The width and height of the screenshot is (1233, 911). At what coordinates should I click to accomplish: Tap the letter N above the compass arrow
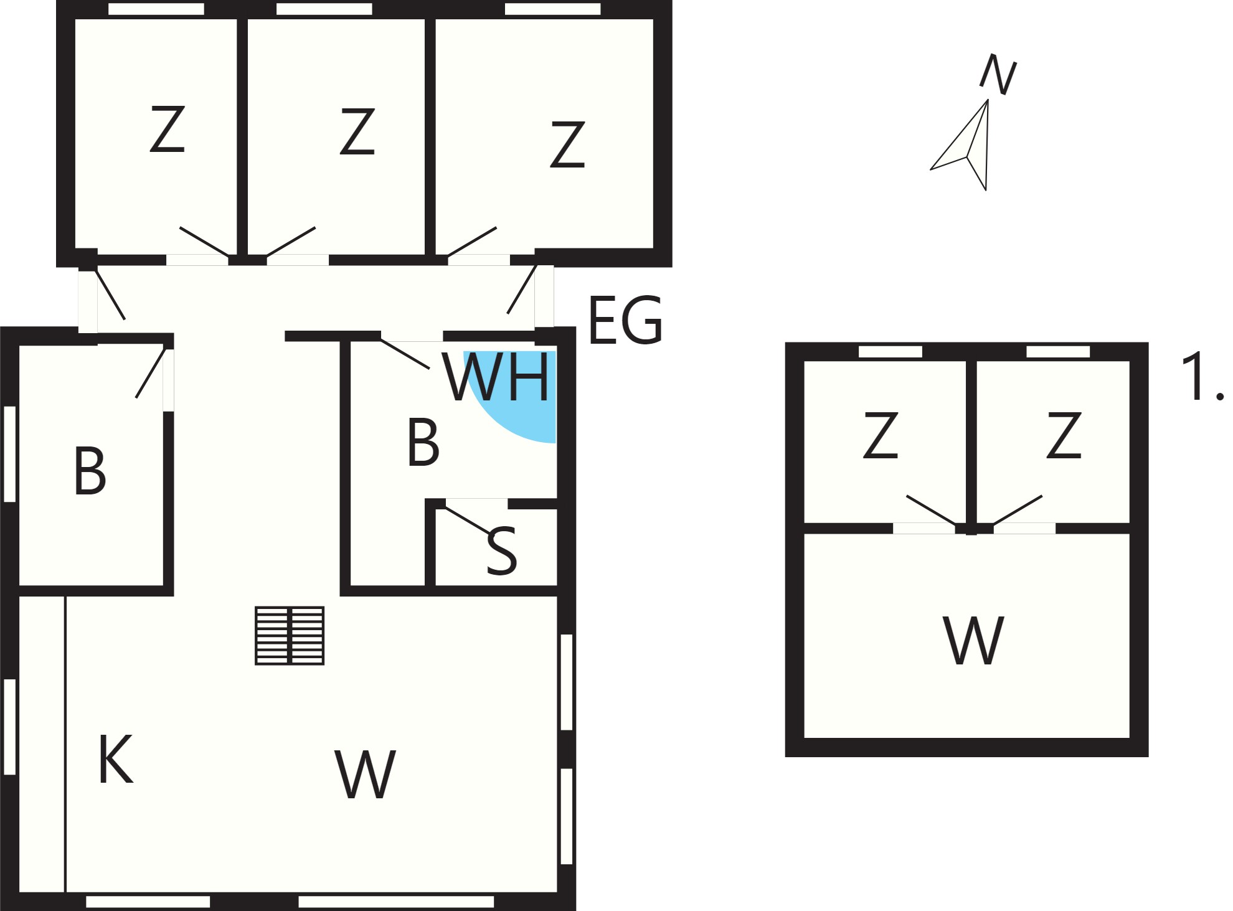pyautogui.click(x=998, y=74)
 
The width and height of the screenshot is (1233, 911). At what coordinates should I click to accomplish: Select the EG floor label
pyautogui.click(x=625, y=321)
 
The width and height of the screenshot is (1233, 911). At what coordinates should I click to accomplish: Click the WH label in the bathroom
pyautogui.click(x=498, y=377)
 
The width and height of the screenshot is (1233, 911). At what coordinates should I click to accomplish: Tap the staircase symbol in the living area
pyautogui.click(x=290, y=636)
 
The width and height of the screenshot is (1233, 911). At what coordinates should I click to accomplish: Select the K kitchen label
pyautogui.click(x=116, y=760)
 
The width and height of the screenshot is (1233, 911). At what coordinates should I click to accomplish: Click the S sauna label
pyautogui.click(x=501, y=551)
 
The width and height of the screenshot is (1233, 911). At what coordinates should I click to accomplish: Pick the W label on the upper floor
pyautogui.click(x=973, y=640)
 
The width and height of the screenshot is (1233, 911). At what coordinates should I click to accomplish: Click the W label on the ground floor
pyautogui.click(x=365, y=774)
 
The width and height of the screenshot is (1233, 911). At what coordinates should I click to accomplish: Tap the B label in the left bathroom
pyautogui.click(x=90, y=471)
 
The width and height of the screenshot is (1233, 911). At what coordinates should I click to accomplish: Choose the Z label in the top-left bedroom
pyautogui.click(x=168, y=129)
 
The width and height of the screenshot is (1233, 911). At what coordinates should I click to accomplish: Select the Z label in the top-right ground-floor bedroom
pyautogui.click(x=567, y=144)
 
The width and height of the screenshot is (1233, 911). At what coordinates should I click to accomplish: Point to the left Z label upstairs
pyautogui.click(x=881, y=435)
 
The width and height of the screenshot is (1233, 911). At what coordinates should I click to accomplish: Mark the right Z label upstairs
pyautogui.click(x=1064, y=435)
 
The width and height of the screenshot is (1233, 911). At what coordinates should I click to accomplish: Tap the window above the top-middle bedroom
pyautogui.click(x=324, y=9)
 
